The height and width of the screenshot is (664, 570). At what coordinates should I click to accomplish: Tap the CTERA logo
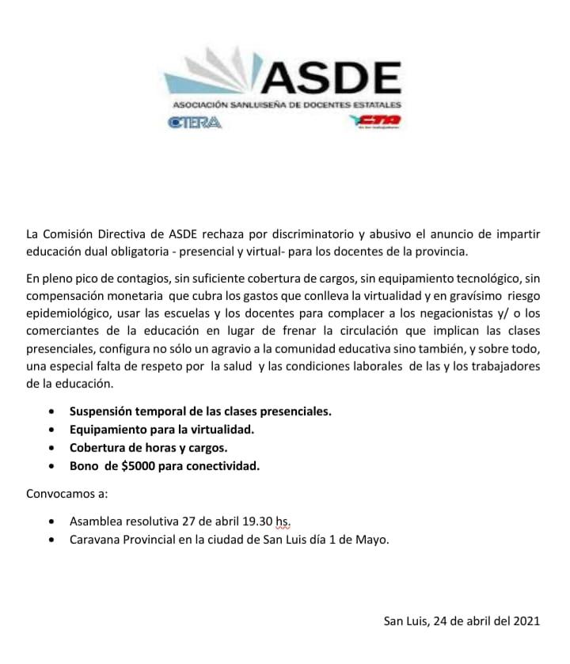tap(194, 122)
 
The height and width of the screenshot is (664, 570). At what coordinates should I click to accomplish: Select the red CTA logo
tap(374, 120)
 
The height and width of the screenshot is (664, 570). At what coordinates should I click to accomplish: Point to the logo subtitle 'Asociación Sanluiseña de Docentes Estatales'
tap(287, 104)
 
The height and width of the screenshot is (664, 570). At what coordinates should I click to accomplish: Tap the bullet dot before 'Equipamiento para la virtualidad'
tap(51, 431)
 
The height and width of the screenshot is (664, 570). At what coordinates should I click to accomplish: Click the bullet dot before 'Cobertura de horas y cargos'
tap(51, 449)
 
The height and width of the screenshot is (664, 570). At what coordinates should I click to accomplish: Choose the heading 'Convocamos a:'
tap(66, 494)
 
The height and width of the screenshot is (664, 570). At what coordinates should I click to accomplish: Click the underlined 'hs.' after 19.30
tap(283, 522)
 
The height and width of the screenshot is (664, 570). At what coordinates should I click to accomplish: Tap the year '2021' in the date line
tap(526, 620)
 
